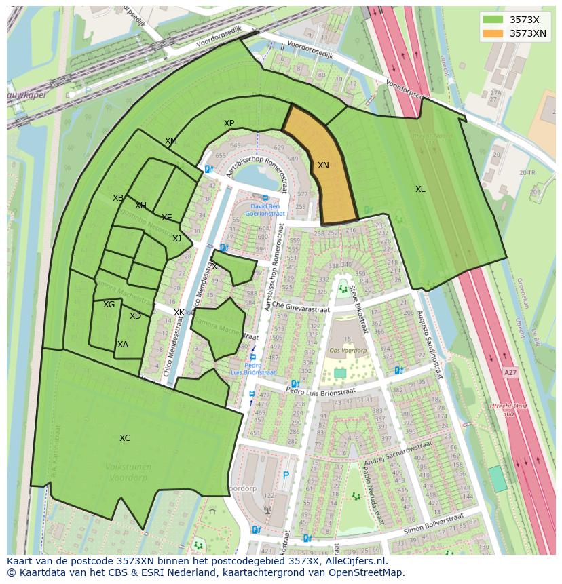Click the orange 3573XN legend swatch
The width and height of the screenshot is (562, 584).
493,33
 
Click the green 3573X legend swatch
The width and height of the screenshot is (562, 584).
493,19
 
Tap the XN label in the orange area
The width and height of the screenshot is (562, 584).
323,166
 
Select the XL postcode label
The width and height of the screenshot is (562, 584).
420,189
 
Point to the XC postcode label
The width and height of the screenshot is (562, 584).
125,438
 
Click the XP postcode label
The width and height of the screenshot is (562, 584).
229,123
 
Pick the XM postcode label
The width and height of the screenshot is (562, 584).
171,141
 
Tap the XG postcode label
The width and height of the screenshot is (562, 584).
109,305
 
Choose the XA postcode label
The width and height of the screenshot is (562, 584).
122,345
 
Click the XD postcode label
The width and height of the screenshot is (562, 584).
135,316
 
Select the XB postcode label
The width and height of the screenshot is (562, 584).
118,198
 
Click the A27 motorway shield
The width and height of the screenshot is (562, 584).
510,373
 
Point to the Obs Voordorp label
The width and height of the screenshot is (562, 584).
348,351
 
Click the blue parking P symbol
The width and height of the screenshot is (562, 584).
286,476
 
